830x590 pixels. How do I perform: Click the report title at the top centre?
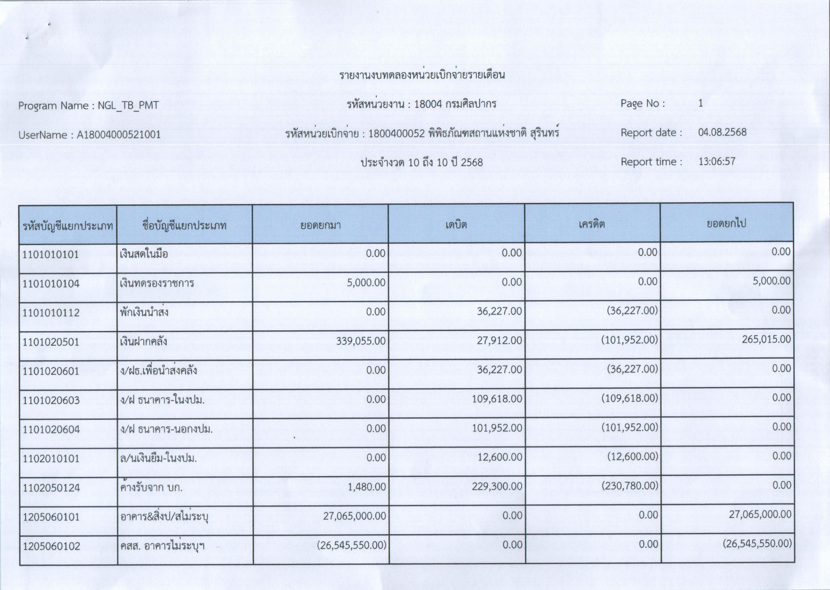[x=422, y=75]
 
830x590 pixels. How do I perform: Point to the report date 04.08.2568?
[x=722, y=132]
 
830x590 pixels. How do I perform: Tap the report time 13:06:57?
[x=717, y=161]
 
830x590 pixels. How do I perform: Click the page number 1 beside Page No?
[x=700, y=103]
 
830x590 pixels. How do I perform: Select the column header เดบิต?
[x=456, y=225]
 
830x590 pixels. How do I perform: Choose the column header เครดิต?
[x=592, y=224]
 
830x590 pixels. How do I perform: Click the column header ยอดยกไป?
[x=726, y=223]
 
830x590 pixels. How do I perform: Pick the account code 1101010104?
[x=51, y=284]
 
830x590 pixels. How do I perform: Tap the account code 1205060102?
[x=51, y=546]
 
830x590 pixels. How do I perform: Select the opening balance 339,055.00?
[x=361, y=341]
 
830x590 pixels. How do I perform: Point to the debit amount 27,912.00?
[x=499, y=340]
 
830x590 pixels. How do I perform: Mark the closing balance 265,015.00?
[x=766, y=339]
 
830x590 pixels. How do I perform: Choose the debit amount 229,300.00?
[x=497, y=486]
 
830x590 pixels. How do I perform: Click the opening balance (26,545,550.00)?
[x=352, y=545]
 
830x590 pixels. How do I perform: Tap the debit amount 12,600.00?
[x=500, y=457]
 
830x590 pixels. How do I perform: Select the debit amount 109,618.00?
[x=497, y=398]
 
